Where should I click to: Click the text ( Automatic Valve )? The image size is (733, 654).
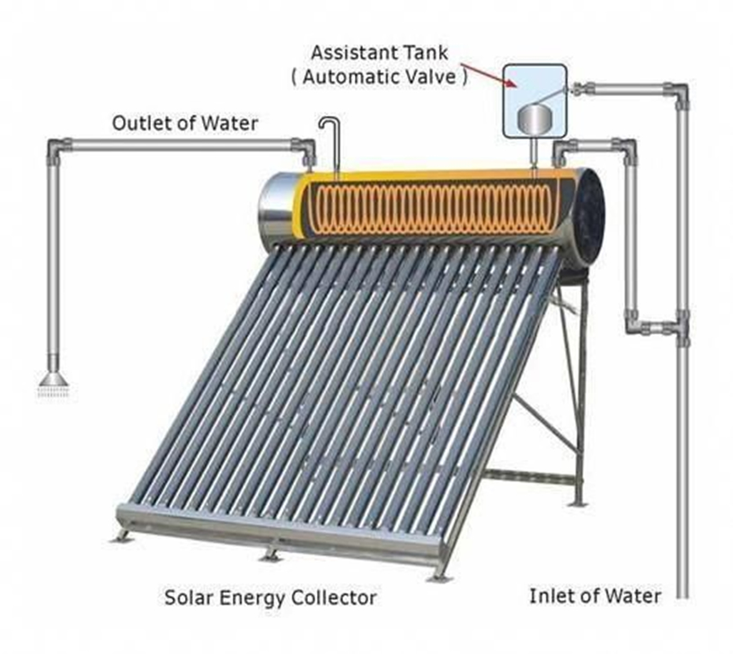coord(379,77)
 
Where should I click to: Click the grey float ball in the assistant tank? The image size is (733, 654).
coord(536,118)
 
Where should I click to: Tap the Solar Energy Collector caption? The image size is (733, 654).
coord(270,597)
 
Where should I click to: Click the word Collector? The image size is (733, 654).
coord(337,597)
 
